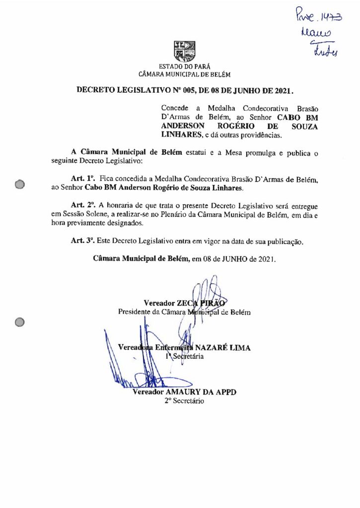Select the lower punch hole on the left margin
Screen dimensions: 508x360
(x=20, y=322)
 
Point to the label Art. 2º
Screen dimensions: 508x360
(x=83, y=205)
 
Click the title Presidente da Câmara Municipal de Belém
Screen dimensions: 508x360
(x=184, y=313)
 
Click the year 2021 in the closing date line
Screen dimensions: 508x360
(x=266, y=259)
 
